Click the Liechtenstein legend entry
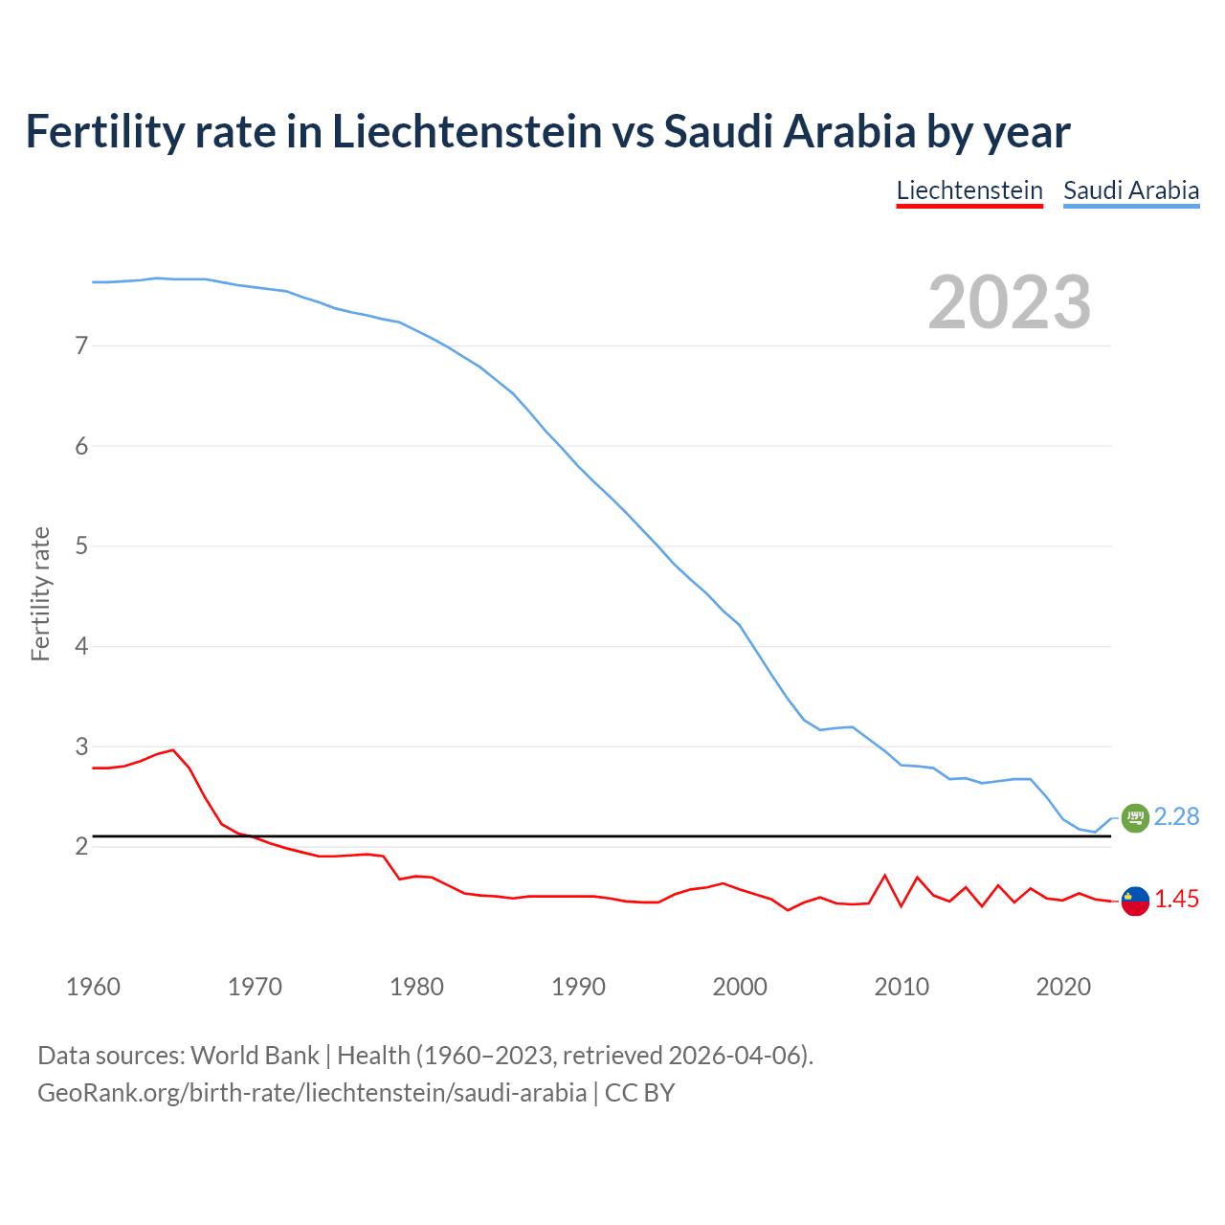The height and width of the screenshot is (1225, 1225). [x=969, y=190]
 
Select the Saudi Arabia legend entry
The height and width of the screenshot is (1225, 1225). [x=1130, y=190]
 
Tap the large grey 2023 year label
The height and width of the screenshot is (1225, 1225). [x=1009, y=302]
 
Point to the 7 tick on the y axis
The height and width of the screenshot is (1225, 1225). [x=81, y=345]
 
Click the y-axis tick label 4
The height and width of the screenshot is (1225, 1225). [x=81, y=646]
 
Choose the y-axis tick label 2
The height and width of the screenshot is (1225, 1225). [x=81, y=846]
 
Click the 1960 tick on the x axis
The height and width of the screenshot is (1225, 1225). [x=93, y=987]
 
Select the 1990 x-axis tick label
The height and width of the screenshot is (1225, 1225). [x=578, y=987]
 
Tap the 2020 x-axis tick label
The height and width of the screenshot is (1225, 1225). [x=1063, y=987]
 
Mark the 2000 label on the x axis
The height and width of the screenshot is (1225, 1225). [x=740, y=987]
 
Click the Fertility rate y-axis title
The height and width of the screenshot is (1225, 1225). [x=40, y=593]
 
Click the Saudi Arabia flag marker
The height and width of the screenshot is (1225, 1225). [x=1134, y=817]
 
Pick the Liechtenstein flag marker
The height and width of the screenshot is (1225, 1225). [x=1134, y=901]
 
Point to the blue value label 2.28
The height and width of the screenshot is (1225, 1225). [x=1176, y=816]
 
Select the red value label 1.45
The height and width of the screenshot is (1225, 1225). [x=1176, y=900]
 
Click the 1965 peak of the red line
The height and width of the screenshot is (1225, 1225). [x=173, y=750]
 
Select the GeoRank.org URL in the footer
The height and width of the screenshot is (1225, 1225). [x=312, y=1093]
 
